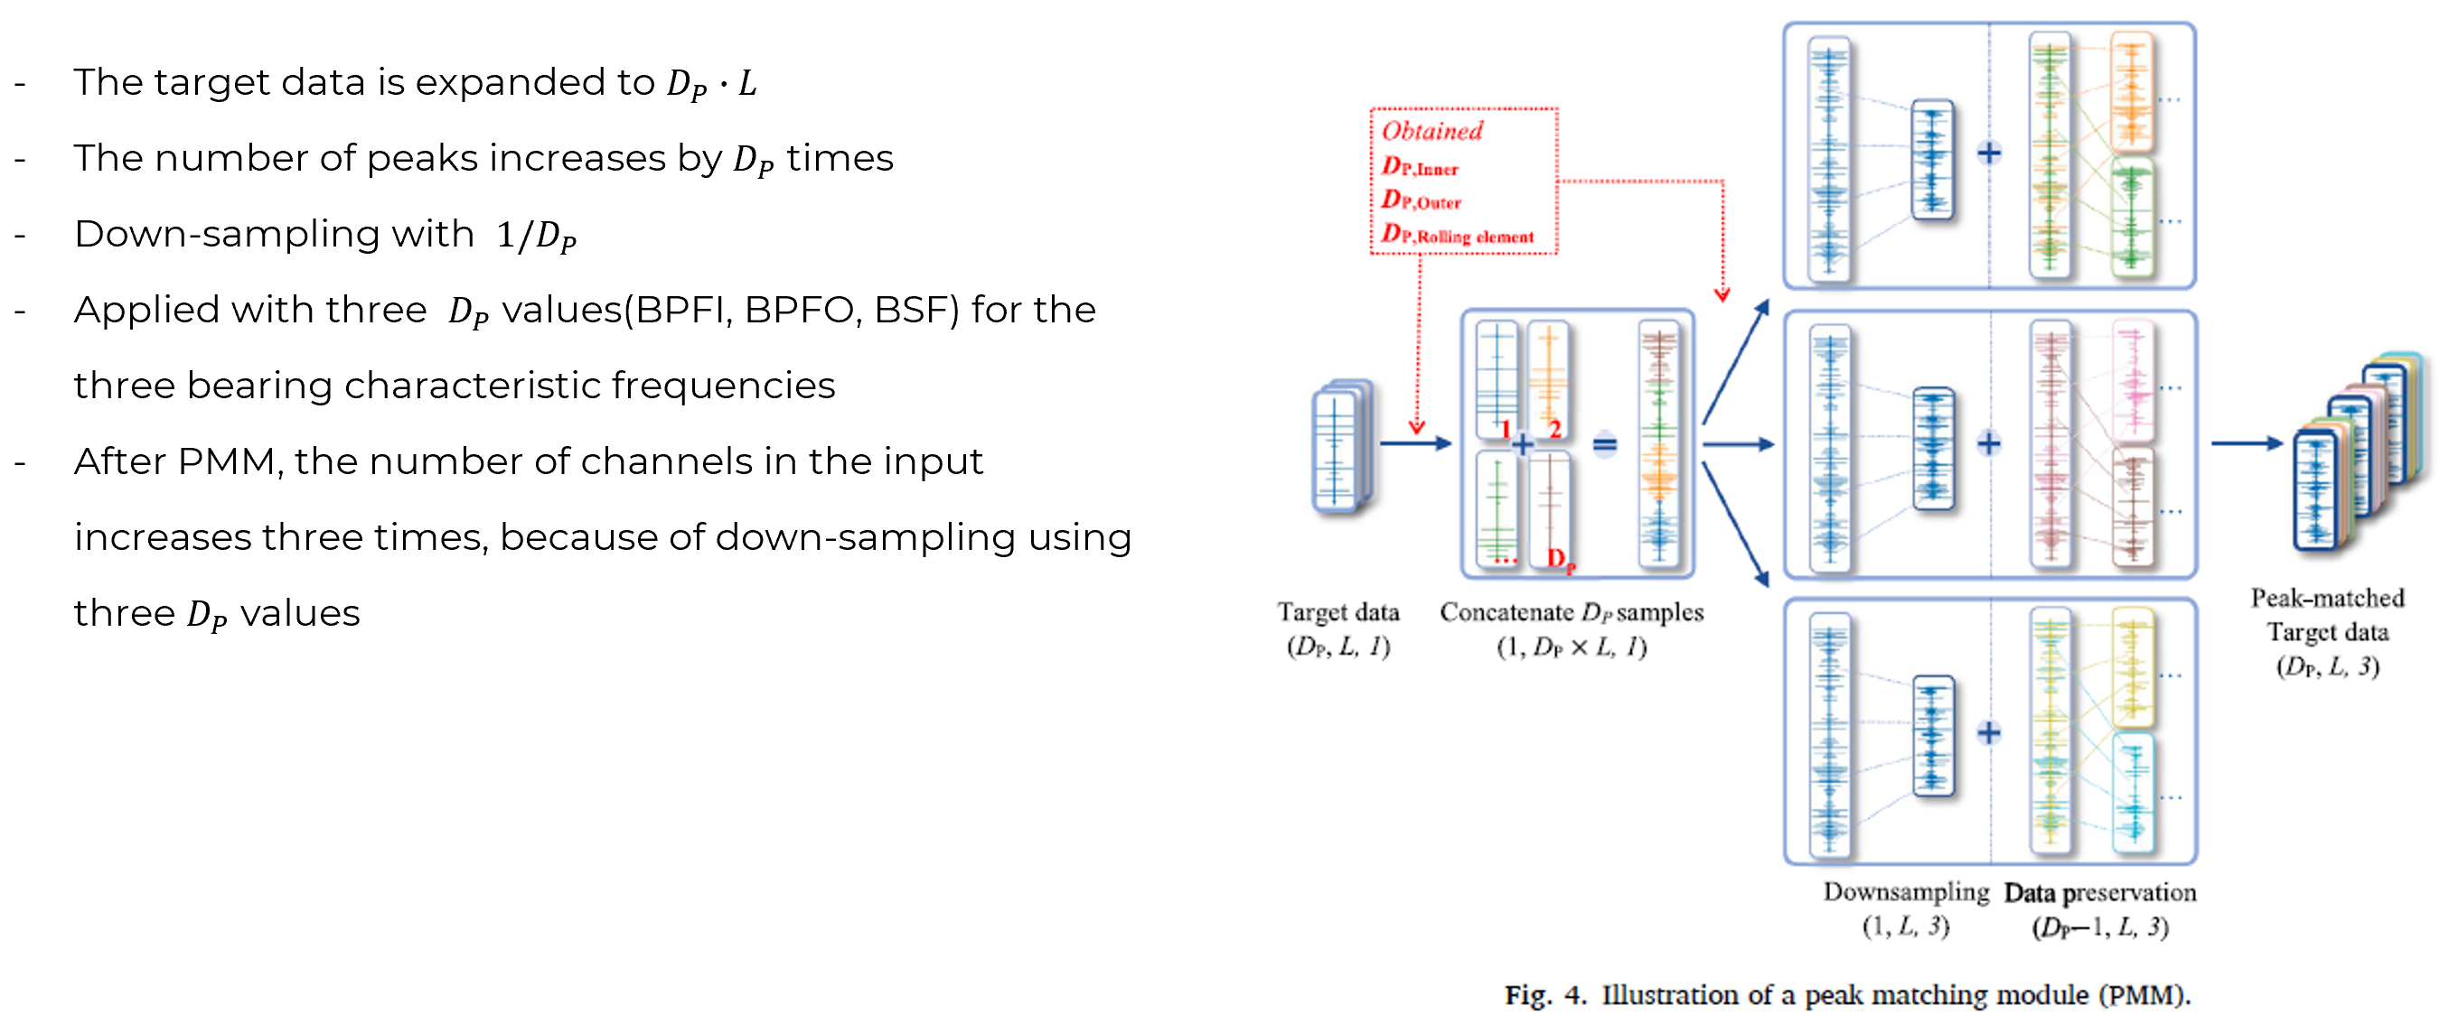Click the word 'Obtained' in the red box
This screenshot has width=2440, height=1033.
[1431, 131]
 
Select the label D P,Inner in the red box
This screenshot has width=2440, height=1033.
[1419, 167]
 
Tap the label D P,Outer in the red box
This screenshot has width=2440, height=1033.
[1421, 200]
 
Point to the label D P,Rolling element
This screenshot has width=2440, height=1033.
[1457, 235]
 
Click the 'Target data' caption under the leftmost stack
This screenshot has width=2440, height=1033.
[1337, 612]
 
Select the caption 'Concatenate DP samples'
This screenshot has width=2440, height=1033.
[1571, 612]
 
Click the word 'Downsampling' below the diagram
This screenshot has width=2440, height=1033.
[1906, 892]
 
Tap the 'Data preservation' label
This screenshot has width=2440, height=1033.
[2099, 893]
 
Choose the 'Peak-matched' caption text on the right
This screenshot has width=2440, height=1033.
[2326, 599]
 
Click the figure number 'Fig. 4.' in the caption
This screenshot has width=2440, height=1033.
[1544, 995]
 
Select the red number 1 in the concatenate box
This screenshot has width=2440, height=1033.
[1505, 430]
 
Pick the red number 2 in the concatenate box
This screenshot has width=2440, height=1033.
[1554, 430]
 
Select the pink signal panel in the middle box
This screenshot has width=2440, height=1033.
[2132, 381]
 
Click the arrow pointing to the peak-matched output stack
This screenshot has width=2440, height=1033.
[2246, 443]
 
